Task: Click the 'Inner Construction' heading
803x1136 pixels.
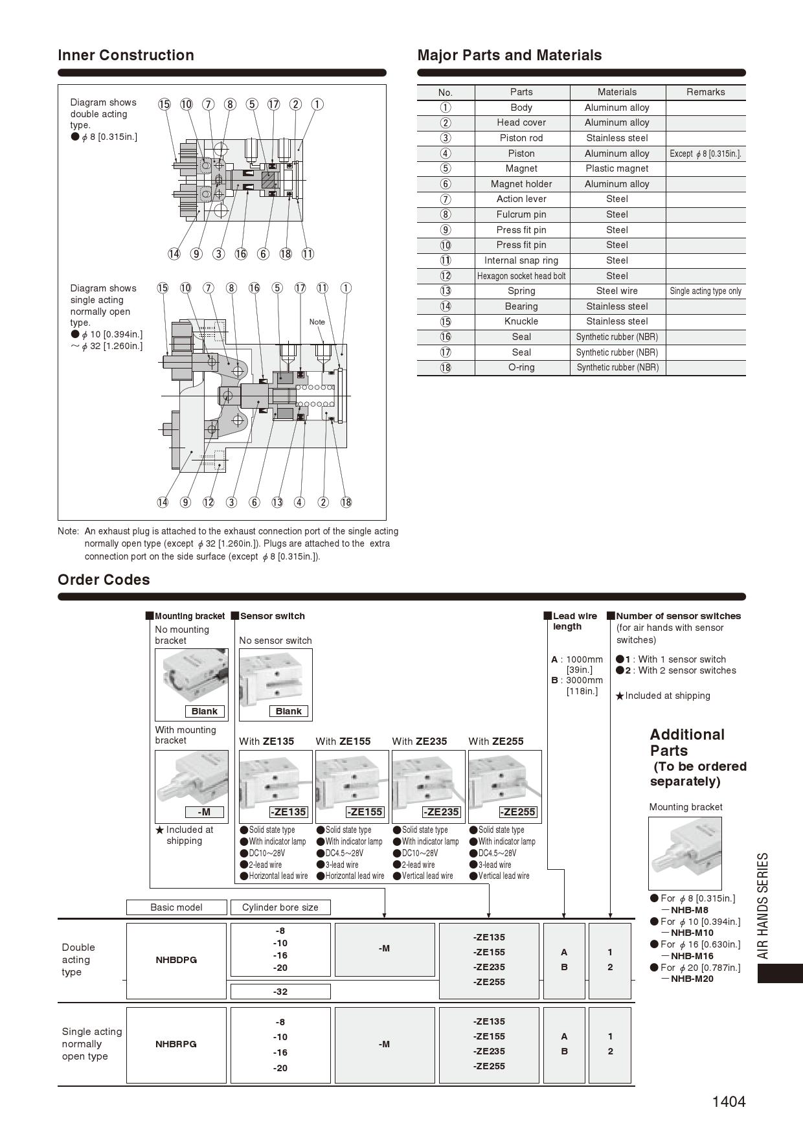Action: pos(126,55)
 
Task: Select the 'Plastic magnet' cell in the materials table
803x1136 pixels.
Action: pos(616,168)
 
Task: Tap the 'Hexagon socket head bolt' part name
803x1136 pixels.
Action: pos(521,276)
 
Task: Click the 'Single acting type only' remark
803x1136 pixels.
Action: pos(705,291)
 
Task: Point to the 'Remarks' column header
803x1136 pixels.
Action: pos(705,92)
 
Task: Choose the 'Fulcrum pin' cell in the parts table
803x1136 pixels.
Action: pos(521,214)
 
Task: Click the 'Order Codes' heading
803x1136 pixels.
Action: pos(104,580)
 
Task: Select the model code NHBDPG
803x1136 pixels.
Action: pos(176,960)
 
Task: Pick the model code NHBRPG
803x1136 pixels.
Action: pos(176,1044)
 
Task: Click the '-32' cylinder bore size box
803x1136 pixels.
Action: pos(280,992)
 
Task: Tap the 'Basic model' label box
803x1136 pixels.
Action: pos(176,907)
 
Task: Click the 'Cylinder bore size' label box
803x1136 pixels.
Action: pos(280,907)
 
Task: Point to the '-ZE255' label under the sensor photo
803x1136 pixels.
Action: pos(517,812)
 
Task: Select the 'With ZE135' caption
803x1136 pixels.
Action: pos(266,742)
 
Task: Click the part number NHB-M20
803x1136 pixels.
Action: pos(692,979)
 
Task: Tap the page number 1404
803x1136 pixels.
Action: pos(729,1102)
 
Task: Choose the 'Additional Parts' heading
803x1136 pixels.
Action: pos(687,742)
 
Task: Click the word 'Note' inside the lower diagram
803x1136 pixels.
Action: pos(317,322)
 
